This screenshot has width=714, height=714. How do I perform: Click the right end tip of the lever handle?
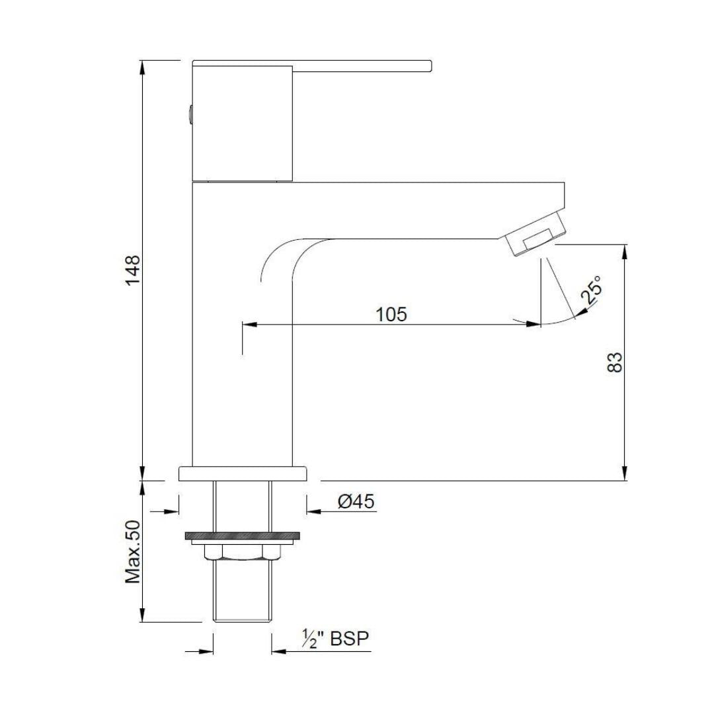click(432, 66)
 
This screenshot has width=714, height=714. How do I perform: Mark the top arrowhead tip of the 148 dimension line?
click(143, 61)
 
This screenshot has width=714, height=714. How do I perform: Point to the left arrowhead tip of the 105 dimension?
click(243, 324)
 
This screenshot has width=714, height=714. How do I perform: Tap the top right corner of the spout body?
click(565, 182)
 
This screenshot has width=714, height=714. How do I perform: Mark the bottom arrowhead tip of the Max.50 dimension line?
click(143, 621)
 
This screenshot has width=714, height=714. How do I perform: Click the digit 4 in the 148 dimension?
click(134, 270)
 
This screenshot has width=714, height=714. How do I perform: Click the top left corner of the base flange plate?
click(179, 466)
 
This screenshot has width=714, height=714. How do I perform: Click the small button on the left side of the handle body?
click(190, 114)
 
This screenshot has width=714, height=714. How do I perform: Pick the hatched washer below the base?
click(243, 536)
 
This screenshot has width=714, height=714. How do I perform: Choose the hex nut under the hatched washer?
click(243, 552)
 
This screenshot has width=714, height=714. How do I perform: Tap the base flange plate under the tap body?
click(243, 473)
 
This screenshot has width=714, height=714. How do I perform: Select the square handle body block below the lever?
click(243, 124)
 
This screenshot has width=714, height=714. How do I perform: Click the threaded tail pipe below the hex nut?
click(243, 590)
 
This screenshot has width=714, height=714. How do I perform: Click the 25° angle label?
click(592, 290)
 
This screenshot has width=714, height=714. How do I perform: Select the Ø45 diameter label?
click(356, 501)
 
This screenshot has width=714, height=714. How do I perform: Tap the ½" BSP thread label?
click(335, 639)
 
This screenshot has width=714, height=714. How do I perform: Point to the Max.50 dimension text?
click(134, 552)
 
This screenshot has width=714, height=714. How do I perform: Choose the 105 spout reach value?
click(391, 314)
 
